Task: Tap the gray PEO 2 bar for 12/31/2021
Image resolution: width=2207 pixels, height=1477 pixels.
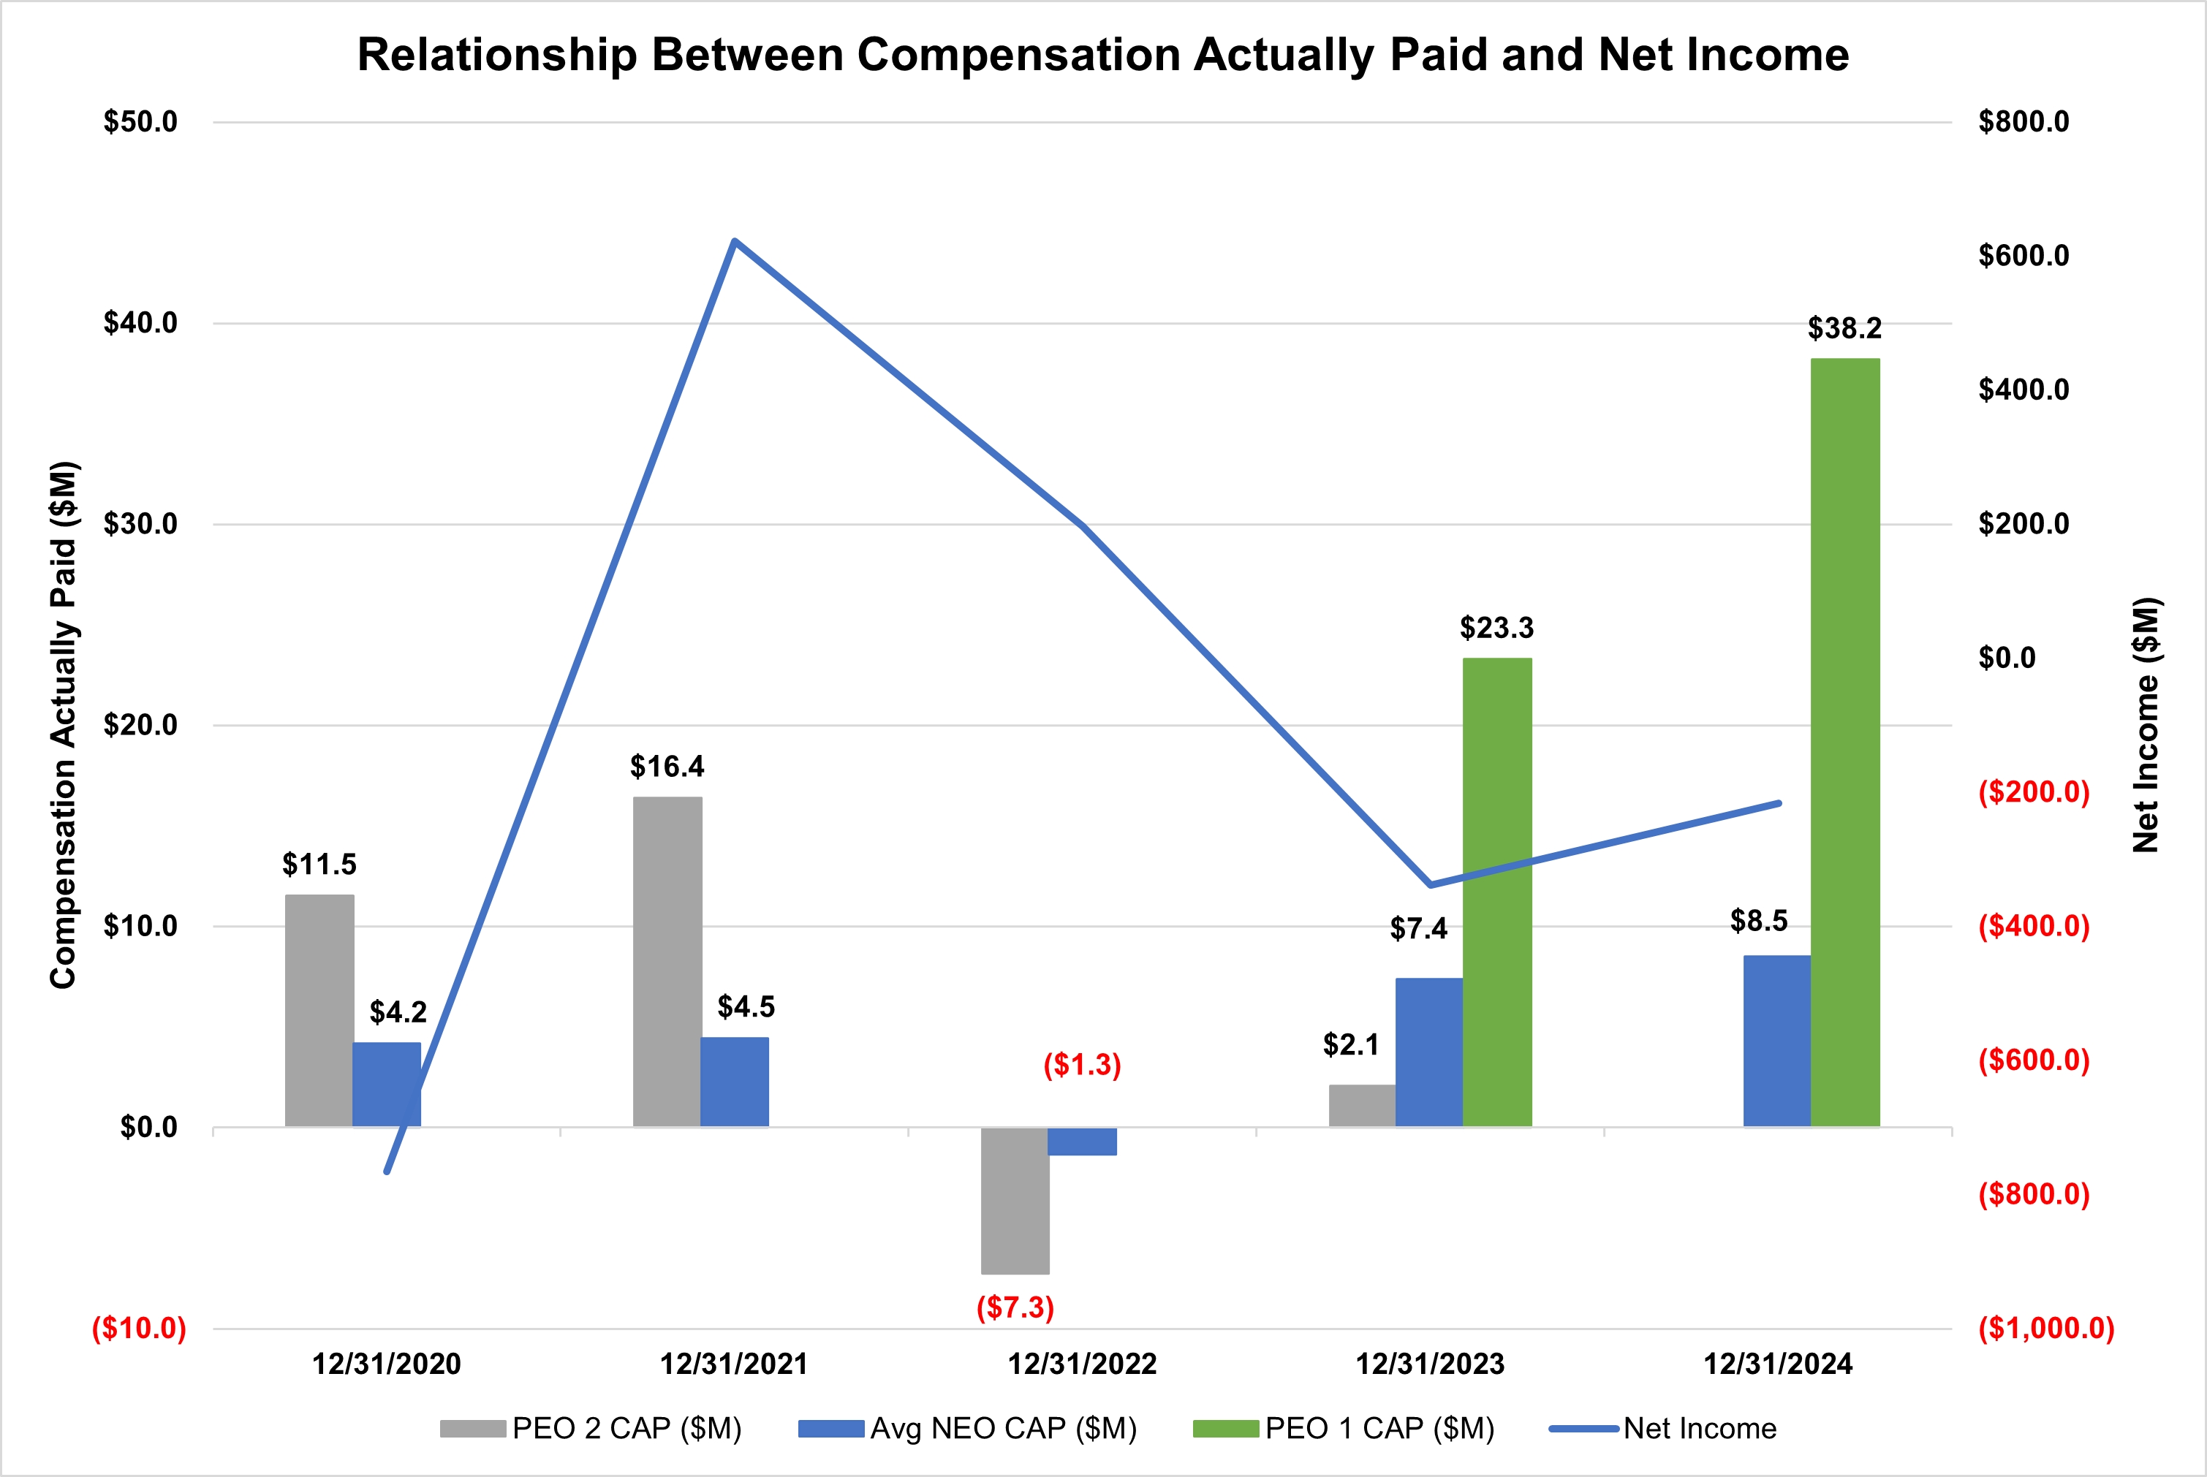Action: pos(667,962)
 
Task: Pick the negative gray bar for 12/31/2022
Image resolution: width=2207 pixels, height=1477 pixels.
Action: pos(1015,1200)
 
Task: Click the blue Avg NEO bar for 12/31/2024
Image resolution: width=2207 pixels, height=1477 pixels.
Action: pos(1776,1041)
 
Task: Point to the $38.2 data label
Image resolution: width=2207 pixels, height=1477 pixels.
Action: pos(1844,328)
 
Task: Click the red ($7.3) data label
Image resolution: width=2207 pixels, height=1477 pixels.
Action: pos(1015,1307)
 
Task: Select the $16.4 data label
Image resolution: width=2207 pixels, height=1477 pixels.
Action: pos(667,767)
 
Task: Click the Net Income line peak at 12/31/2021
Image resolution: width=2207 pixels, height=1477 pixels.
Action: pos(735,241)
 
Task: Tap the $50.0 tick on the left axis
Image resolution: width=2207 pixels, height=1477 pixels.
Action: pos(140,121)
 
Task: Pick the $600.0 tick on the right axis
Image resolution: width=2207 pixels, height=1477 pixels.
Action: pos(2024,255)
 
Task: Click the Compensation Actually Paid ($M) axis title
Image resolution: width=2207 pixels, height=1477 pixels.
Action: pos(63,725)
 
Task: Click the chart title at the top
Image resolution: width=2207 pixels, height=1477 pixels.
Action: pos(1103,55)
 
